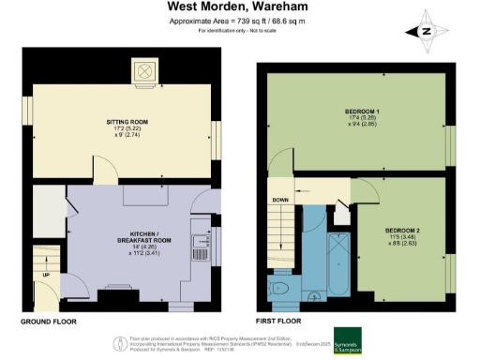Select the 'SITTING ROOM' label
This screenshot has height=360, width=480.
[x=121, y=121]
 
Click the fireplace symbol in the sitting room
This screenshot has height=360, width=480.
[x=146, y=71]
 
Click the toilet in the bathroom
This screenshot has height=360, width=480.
[x=279, y=288]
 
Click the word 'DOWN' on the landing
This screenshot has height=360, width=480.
[x=279, y=200]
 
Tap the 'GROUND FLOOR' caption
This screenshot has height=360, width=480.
[x=49, y=321]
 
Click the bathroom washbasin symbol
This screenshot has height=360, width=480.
[x=313, y=297]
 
